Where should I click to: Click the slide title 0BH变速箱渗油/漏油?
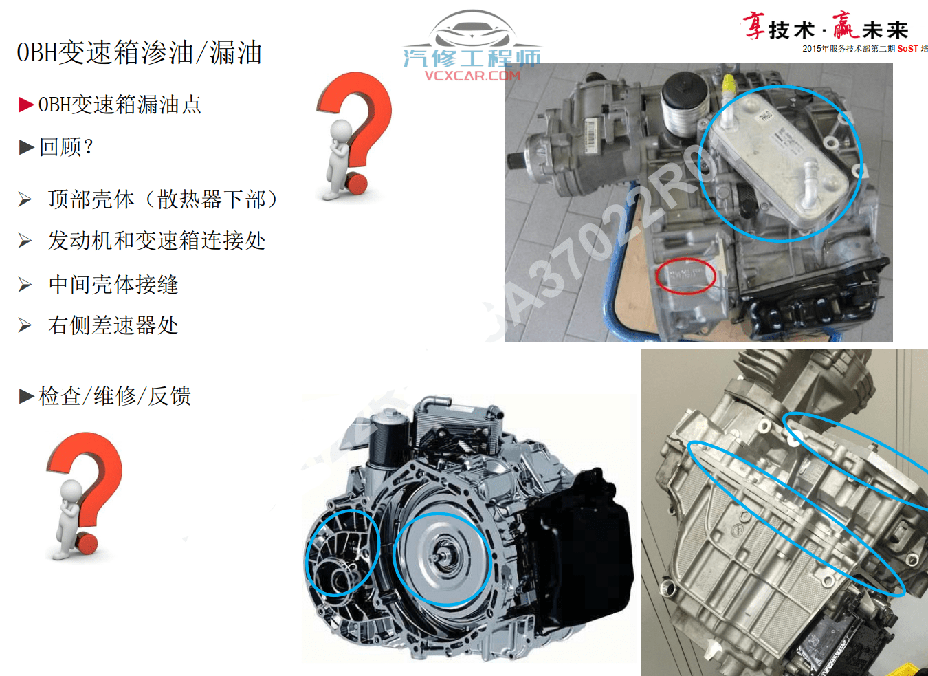click(x=139, y=53)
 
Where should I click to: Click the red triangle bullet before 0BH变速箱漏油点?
click(x=26, y=105)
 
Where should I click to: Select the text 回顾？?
click(x=66, y=146)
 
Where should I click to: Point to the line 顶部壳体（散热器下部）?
click(x=163, y=199)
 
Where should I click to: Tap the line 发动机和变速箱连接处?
click(x=157, y=241)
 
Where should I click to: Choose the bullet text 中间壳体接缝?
click(x=113, y=284)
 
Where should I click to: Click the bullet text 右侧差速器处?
click(x=113, y=325)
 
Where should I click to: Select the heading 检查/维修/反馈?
click(x=115, y=395)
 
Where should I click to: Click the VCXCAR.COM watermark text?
click(x=472, y=76)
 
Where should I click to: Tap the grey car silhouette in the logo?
click(x=472, y=31)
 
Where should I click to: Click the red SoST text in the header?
click(x=907, y=49)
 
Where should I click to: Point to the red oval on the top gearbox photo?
click(x=685, y=276)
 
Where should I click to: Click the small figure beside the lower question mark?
click(x=69, y=516)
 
